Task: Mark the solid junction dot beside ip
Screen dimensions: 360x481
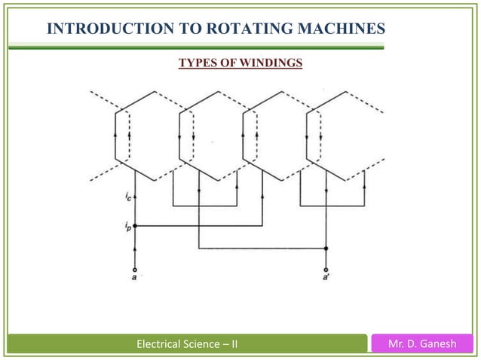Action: [x=135, y=224]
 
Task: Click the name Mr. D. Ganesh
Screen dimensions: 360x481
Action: [x=424, y=345]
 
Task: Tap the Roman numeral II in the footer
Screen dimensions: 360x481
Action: [x=234, y=345]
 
